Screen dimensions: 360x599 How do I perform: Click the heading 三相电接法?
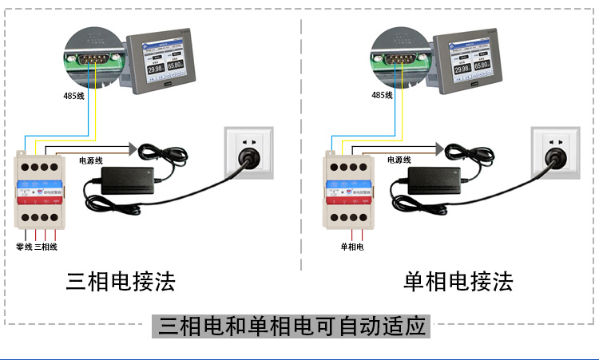tap(121, 281)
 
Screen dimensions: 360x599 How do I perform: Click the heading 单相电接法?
tap(458, 281)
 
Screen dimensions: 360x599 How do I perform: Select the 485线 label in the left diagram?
tap(73, 96)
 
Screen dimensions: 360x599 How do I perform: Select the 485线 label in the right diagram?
tap(382, 95)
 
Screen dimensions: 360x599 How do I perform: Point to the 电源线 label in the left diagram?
tap(91, 160)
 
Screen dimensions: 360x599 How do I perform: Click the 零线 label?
tap(24, 247)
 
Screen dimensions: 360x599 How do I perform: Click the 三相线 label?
tap(46, 247)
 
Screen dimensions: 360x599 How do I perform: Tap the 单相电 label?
tap(352, 247)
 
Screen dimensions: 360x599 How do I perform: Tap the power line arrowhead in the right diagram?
tap(439, 148)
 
